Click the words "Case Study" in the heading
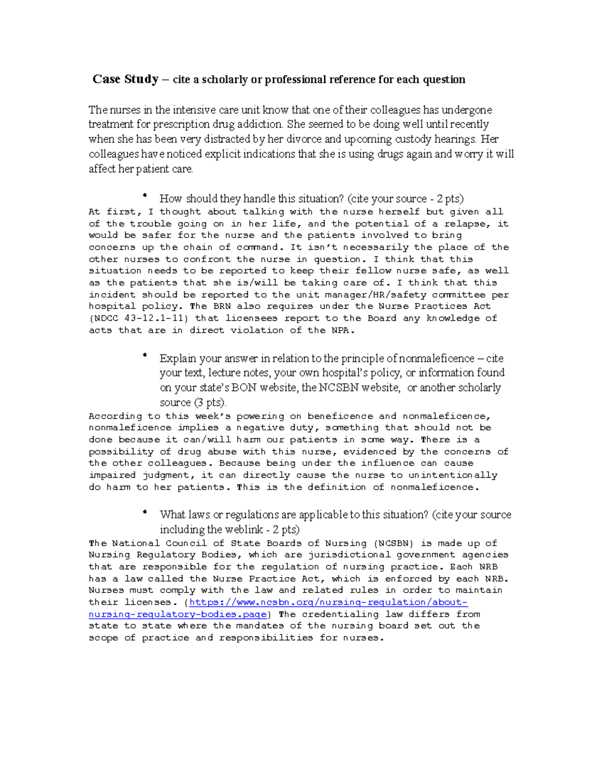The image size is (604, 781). [125, 79]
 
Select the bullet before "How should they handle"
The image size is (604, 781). [145, 195]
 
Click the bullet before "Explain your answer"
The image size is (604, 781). [145, 355]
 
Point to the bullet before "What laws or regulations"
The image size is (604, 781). [145, 511]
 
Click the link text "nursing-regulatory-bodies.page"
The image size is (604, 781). [178, 615]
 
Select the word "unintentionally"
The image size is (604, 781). [452, 475]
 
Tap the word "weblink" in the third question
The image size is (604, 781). [244, 530]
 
